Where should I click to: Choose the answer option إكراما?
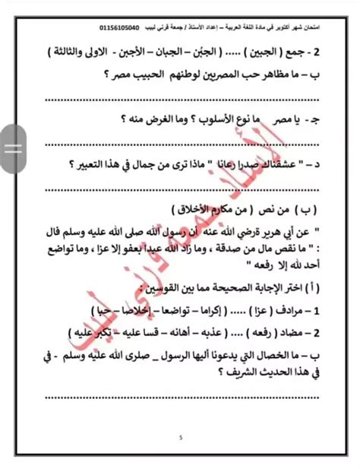tap(221, 312)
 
